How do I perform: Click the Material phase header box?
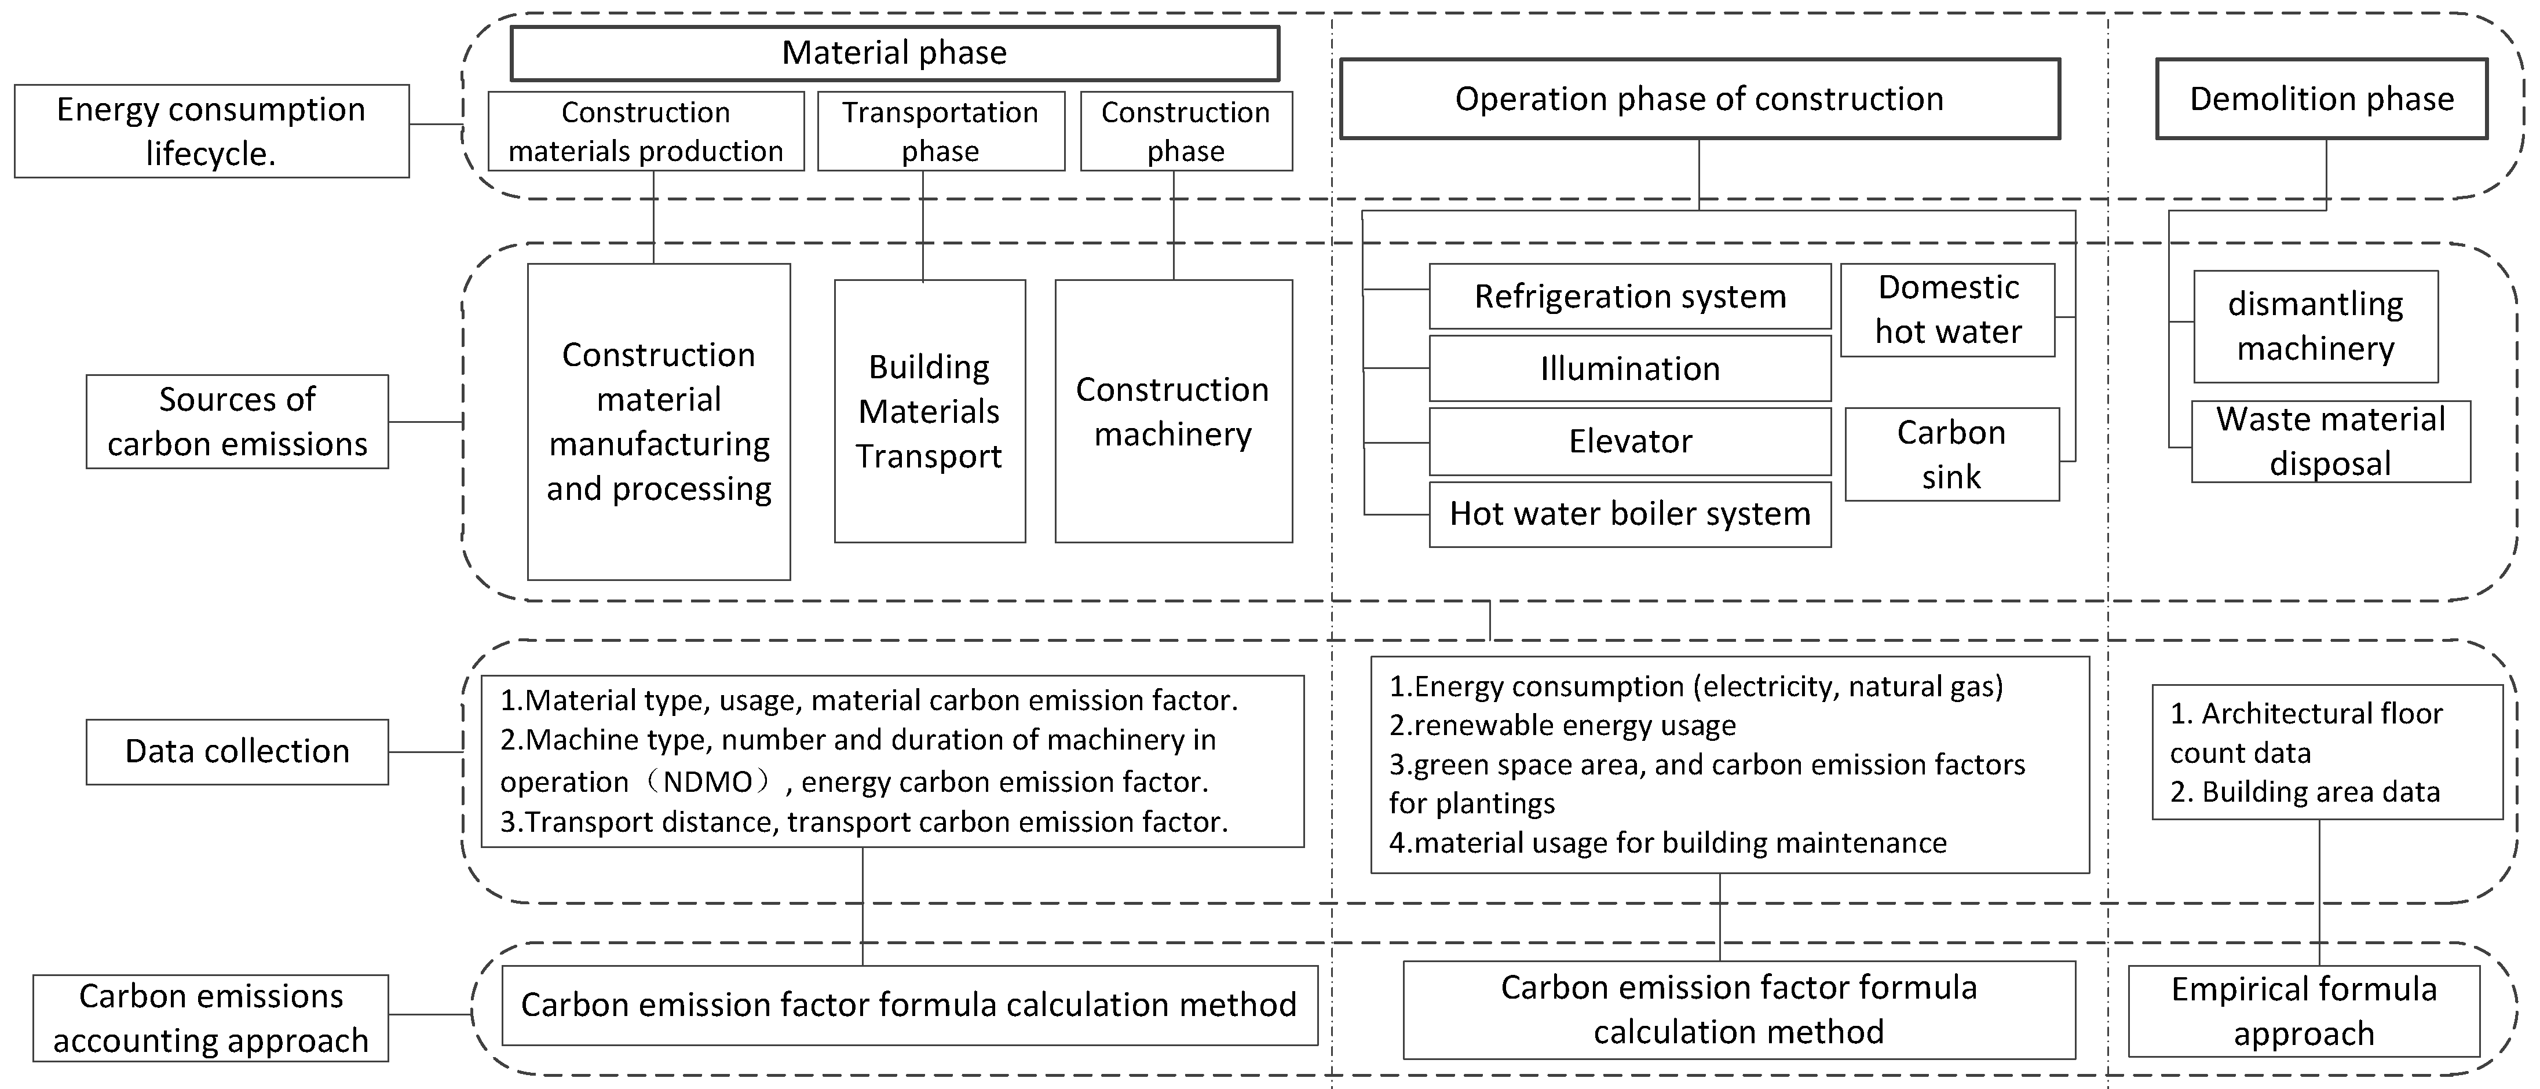[894, 53]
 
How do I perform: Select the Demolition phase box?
[2321, 98]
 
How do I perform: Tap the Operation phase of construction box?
[1699, 98]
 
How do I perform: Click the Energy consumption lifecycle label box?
[211, 131]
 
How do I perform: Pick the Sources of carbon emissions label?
[237, 421]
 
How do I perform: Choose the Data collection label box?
[237, 752]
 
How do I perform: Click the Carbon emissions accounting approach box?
[211, 1018]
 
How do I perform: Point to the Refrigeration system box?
[1629, 296]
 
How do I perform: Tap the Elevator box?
[1629, 441]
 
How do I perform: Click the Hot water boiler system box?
[1629, 514]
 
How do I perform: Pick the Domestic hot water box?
[1947, 310]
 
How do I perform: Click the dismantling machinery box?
[2315, 327]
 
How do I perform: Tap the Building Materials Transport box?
[929, 411]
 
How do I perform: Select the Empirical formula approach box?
[2303, 1011]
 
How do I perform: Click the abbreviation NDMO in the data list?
[708, 782]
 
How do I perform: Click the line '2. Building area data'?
[2304, 792]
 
